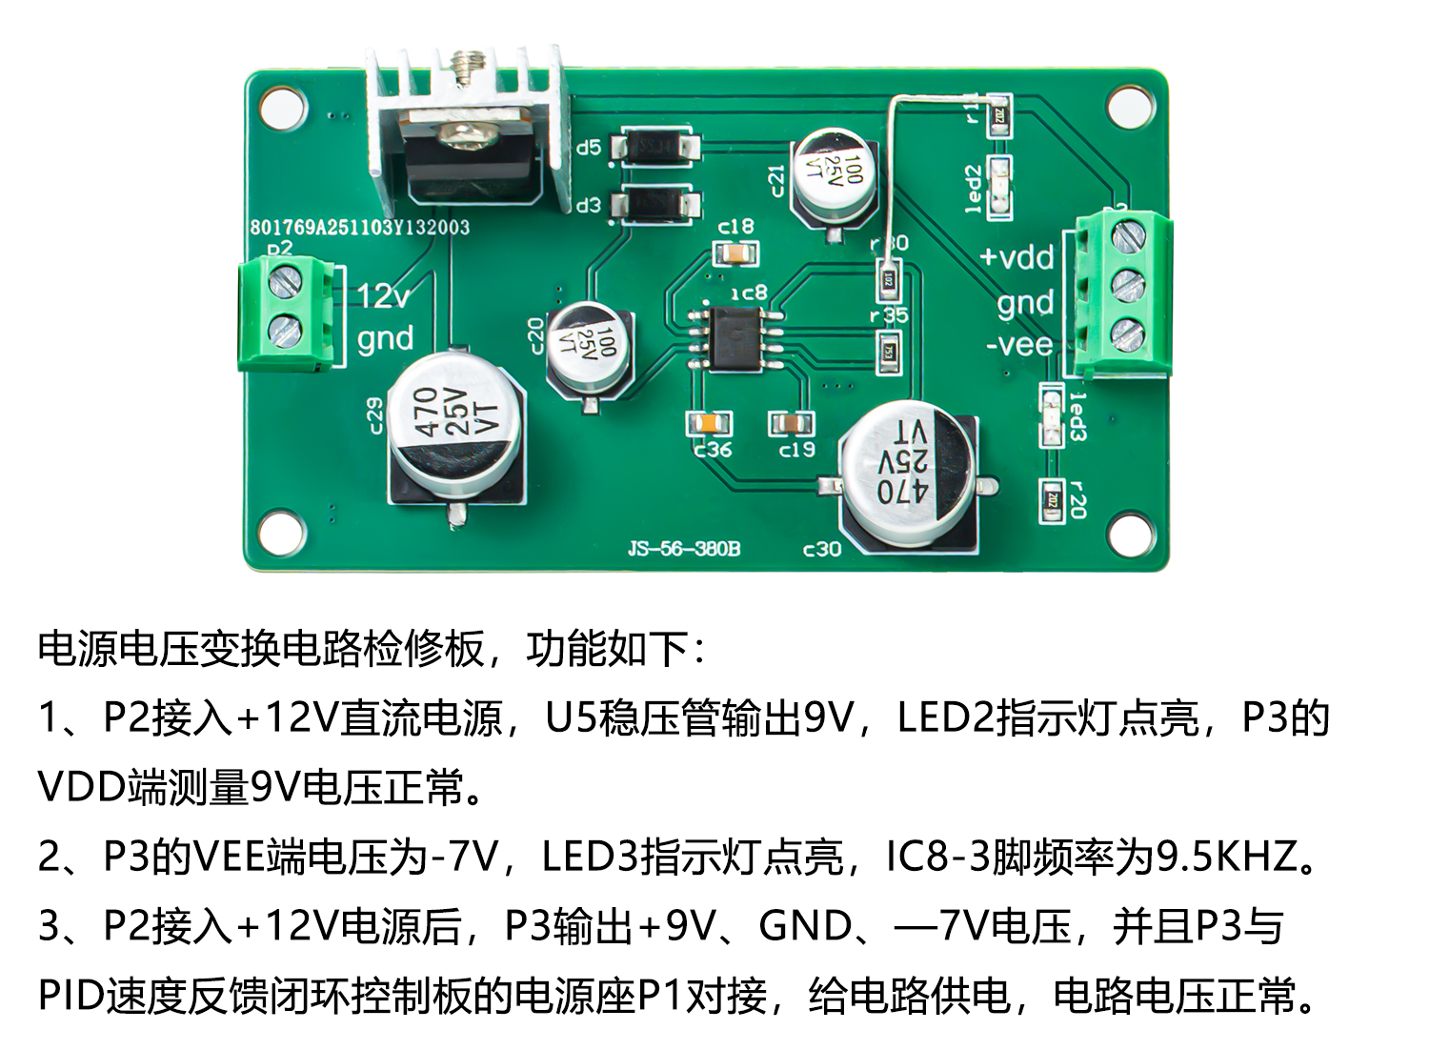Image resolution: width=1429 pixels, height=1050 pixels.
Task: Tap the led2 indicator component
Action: tap(999, 183)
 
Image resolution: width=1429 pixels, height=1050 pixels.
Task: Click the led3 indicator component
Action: tap(1051, 416)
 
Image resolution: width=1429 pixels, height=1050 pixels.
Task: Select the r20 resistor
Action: tap(1052, 498)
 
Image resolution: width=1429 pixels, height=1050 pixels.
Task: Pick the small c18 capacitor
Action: tap(735, 253)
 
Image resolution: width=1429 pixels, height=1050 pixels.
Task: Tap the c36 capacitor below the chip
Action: tap(709, 422)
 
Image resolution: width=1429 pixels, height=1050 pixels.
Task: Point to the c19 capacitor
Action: tap(792, 422)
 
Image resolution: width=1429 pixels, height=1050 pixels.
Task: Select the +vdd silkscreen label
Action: tap(1016, 257)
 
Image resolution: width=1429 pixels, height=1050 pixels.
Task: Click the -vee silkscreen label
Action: tap(1019, 343)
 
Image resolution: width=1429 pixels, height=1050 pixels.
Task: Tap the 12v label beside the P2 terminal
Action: tap(384, 296)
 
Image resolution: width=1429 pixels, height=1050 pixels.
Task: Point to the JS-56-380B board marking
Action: tap(683, 549)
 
